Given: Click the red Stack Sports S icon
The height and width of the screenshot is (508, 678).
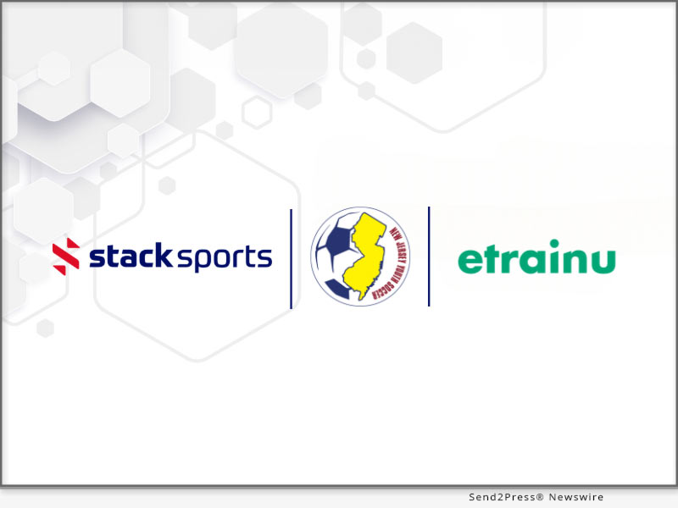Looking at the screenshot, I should click(66, 257).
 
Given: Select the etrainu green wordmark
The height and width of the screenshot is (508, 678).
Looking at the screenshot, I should click(536, 260).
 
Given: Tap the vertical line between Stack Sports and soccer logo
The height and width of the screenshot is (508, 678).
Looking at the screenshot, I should click(292, 258).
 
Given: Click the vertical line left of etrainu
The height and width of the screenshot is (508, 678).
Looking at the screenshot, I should click(429, 256).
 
